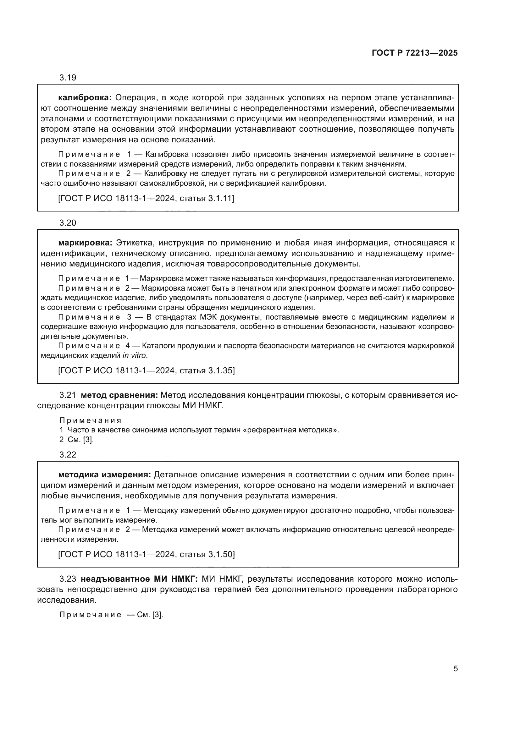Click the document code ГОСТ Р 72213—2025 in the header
415,53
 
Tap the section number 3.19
68,78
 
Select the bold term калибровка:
85,97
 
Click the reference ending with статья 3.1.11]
146,199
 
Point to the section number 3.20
68,223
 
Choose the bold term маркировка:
85,243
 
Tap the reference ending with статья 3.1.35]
146,371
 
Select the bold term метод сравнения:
119,395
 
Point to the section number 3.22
68,455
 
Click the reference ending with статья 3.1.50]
146,554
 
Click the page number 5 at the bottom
455,668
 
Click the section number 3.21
68,395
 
